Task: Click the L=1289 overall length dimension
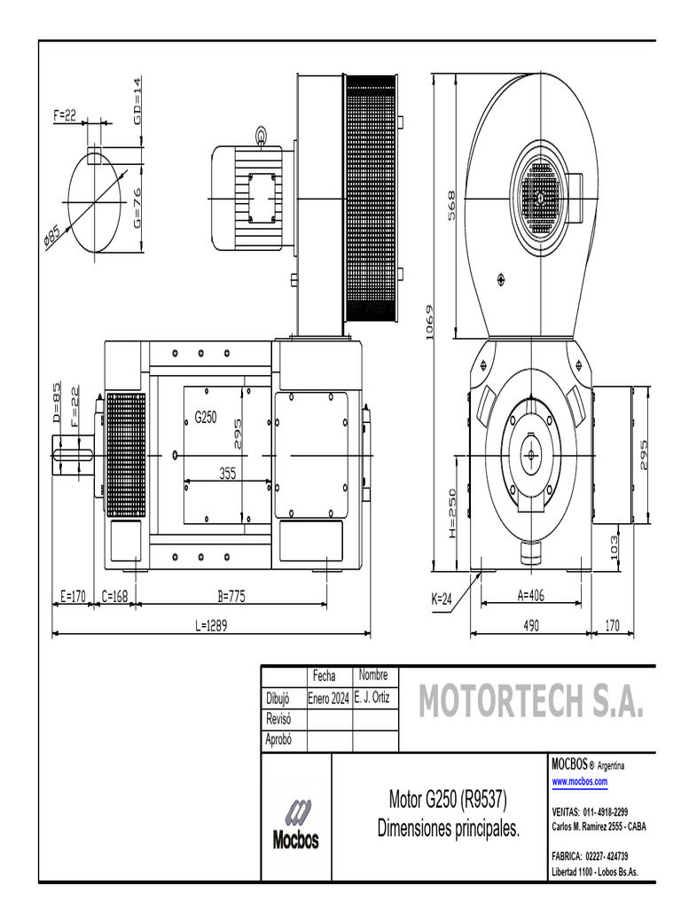[212, 625]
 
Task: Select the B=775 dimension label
[231, 597]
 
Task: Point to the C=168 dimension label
[115, 597]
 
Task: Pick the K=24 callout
[442, 599]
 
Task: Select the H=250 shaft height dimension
[452, 513]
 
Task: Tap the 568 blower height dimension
[450, 206]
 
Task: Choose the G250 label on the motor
[206, 416]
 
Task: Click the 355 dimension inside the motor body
[228, 474]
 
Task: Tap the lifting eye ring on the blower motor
[262, 136]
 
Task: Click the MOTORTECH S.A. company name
[528, 702]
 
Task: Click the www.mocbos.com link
[580, 781]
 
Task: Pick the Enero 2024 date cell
[328, 699]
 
